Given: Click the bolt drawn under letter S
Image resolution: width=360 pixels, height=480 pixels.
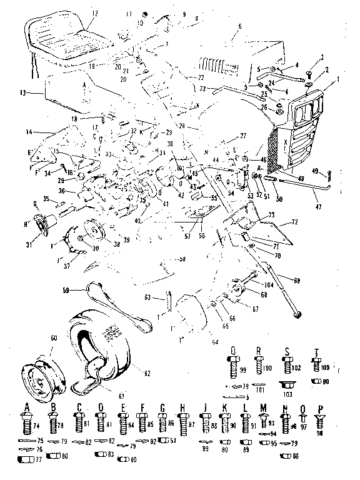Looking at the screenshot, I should (289, 364).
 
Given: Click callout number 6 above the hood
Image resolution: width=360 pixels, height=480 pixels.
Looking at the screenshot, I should (239, 26).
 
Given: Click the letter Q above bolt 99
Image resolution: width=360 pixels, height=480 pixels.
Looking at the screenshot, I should (232, 350).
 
